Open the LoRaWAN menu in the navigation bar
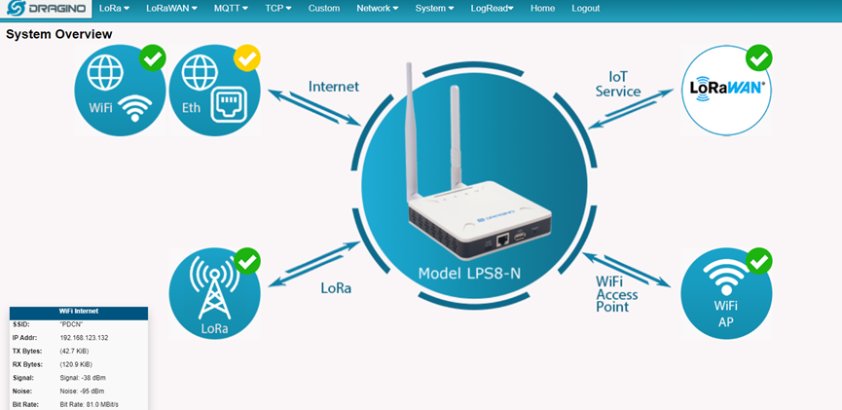pyautogui.click(x=172, y=9)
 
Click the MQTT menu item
pyautogui.click(x=231, y=9)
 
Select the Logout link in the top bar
pyautogui.click(x=586, y=9)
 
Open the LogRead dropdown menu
pyautogui.click(x=492, y=9)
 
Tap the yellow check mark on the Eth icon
pyautogui.click(x=247, y=58)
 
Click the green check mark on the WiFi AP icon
pyautogui.click(x=758, y=261)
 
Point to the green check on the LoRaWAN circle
pyautogui.click(x=758, y=58)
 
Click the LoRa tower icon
pyautogui.click(x=214, y=287)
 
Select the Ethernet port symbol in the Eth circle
pyautogui.click(x=230, y=103)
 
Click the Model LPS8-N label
pyautogui.click(x=469, y=274)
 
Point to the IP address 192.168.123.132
pyautogui.click(x=85, y=338)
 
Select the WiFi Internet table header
pyautogui.click(x=79, y=311)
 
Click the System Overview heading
pyautogui.click(x=59, y=34)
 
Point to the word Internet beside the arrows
pyautogui.click(x=334, y=86)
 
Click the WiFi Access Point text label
pyautogui.click(x=616, y=294)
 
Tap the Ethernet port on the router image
pyautogui.click(x=502, y=241)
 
